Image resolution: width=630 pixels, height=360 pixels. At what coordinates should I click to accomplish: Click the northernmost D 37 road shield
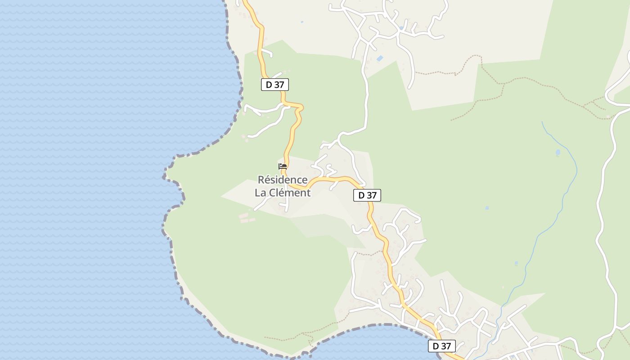(x=274, y=84)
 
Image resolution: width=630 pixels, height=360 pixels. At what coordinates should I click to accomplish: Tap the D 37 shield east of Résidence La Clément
(x=367, y=195)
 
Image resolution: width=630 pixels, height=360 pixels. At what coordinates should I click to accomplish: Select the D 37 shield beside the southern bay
(x=441, y=346)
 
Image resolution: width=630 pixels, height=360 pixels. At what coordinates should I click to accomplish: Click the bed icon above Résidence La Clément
(x=283, y=166)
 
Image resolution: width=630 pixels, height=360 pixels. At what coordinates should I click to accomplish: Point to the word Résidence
(x=283, y=180)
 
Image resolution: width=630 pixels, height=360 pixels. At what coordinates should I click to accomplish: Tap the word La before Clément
(x=261, y=193)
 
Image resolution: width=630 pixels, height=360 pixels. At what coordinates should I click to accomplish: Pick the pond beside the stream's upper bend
(x=558, y=153)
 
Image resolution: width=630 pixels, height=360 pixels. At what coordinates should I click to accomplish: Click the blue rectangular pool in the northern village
(x=380, y=58)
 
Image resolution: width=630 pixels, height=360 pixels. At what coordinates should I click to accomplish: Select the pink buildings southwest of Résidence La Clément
(x=245, y=218)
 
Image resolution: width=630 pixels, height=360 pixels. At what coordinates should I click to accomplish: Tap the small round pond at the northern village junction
(x=401, y=28)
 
